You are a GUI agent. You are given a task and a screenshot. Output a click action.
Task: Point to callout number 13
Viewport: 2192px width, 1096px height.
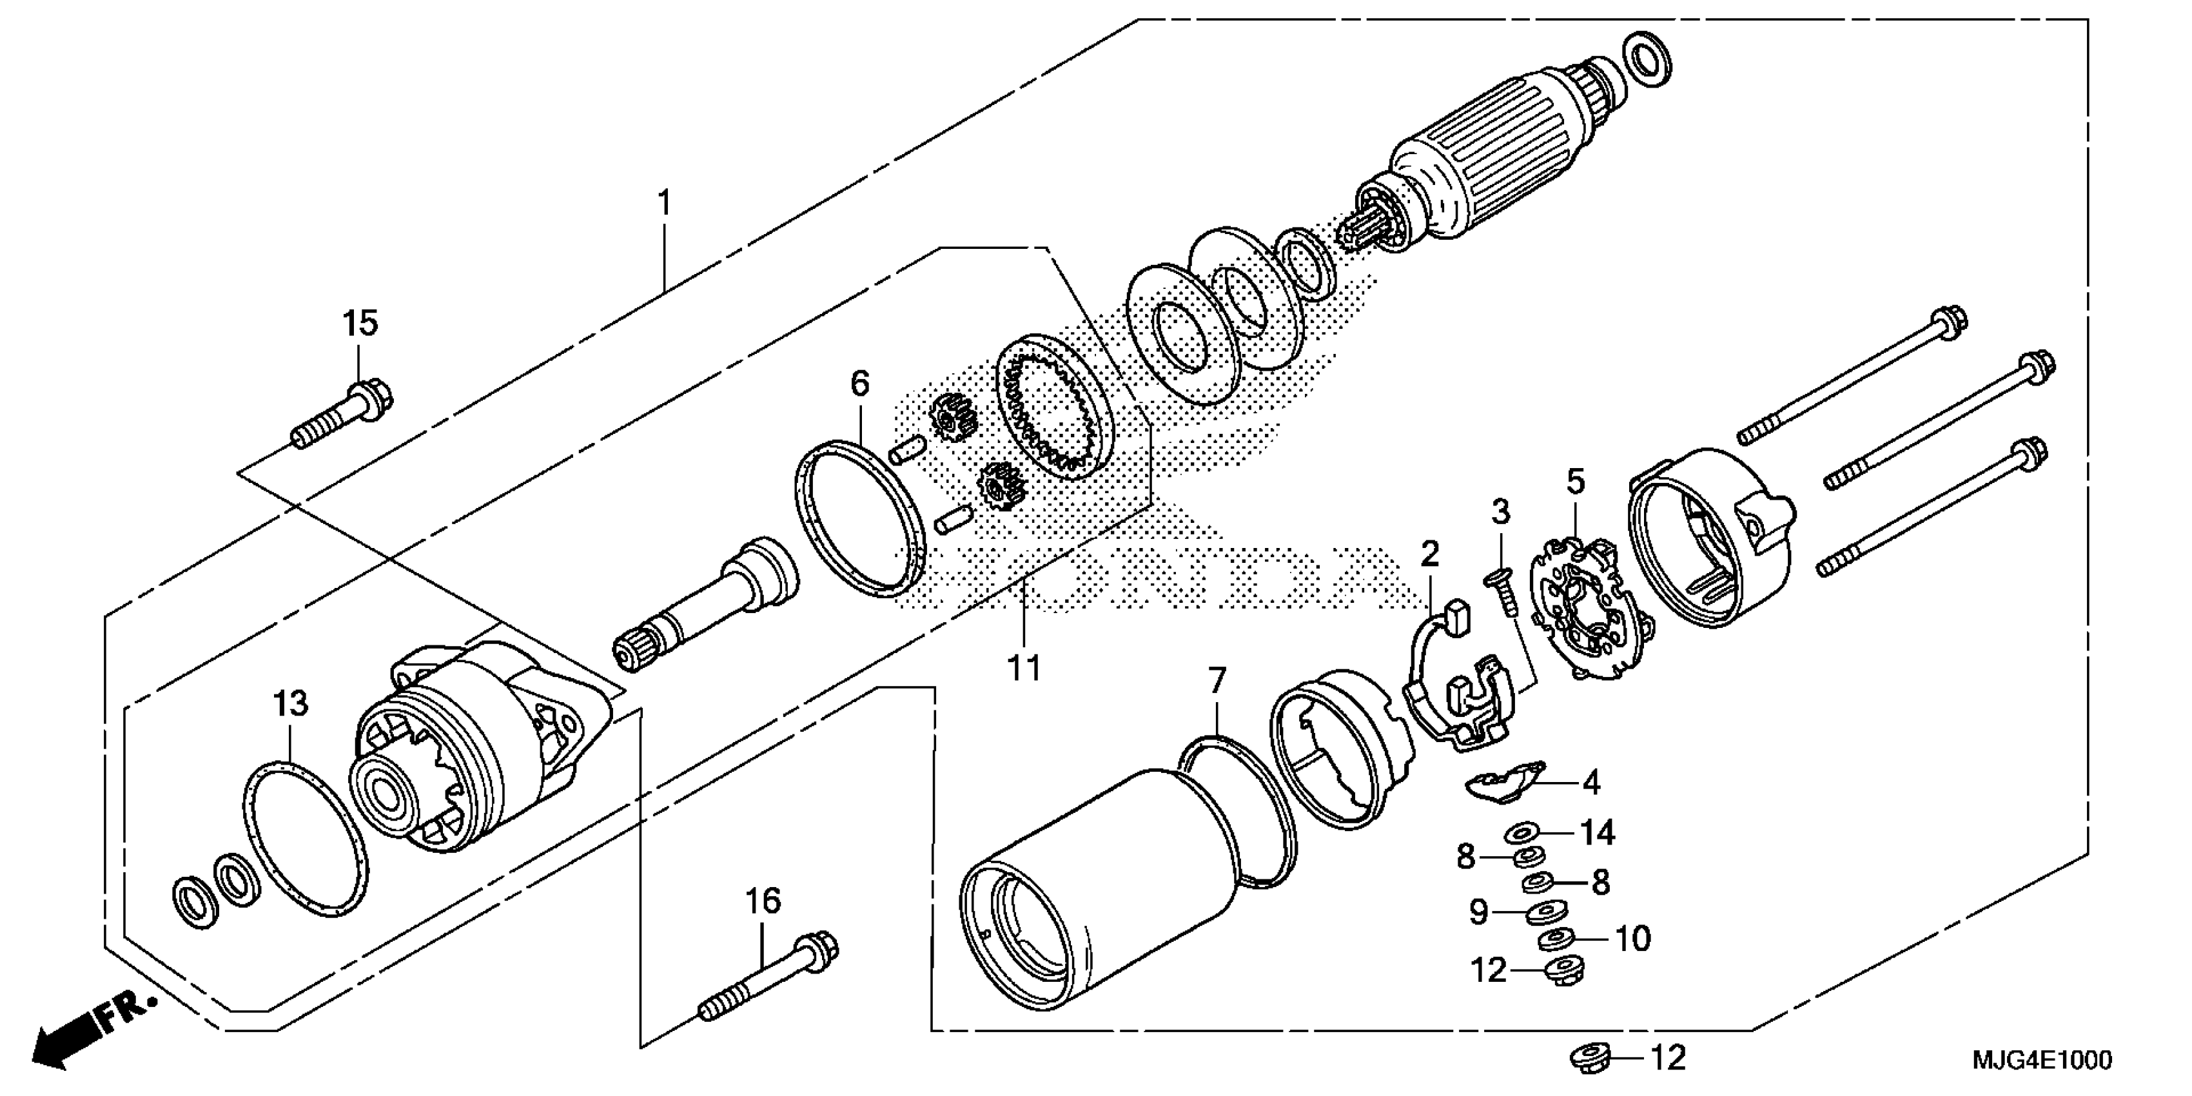(290, 704)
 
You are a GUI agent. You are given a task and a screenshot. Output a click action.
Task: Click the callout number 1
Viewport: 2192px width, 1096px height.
(664, 203)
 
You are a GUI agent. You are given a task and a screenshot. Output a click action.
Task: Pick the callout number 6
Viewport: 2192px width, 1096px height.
(860, 384)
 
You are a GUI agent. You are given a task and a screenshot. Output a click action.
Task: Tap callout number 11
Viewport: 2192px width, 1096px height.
(1024, 668)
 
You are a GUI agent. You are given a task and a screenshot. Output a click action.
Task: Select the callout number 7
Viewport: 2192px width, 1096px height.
(1218, 681)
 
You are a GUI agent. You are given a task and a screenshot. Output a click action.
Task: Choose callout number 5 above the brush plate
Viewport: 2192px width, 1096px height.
(1576, 482)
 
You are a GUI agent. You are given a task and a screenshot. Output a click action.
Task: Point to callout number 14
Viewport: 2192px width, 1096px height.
(1598, 832)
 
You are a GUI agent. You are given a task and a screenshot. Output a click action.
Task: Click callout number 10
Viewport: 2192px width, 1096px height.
(1632, 939)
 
